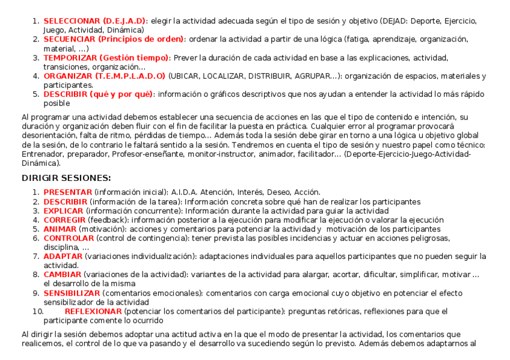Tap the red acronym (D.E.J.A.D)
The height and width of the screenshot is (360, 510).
(x=124, y=21)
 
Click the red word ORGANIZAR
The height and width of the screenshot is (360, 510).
(x=68, y=76)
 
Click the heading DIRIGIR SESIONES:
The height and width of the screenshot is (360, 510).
(x=66, y=178)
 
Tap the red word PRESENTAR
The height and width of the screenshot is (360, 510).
(x=67, y=192)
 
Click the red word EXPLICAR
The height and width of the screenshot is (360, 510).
(x=63, y=211)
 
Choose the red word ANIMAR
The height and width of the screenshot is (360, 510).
(x=60, y=229)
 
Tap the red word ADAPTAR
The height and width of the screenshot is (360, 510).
(x=63, y=257)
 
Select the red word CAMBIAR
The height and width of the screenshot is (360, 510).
(x=62, y=275)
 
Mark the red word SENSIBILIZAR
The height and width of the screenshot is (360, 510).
(x=72, y=293)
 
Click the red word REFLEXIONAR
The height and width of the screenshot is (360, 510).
(x=93, y=311)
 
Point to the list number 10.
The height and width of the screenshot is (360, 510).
(x=37, y=311)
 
